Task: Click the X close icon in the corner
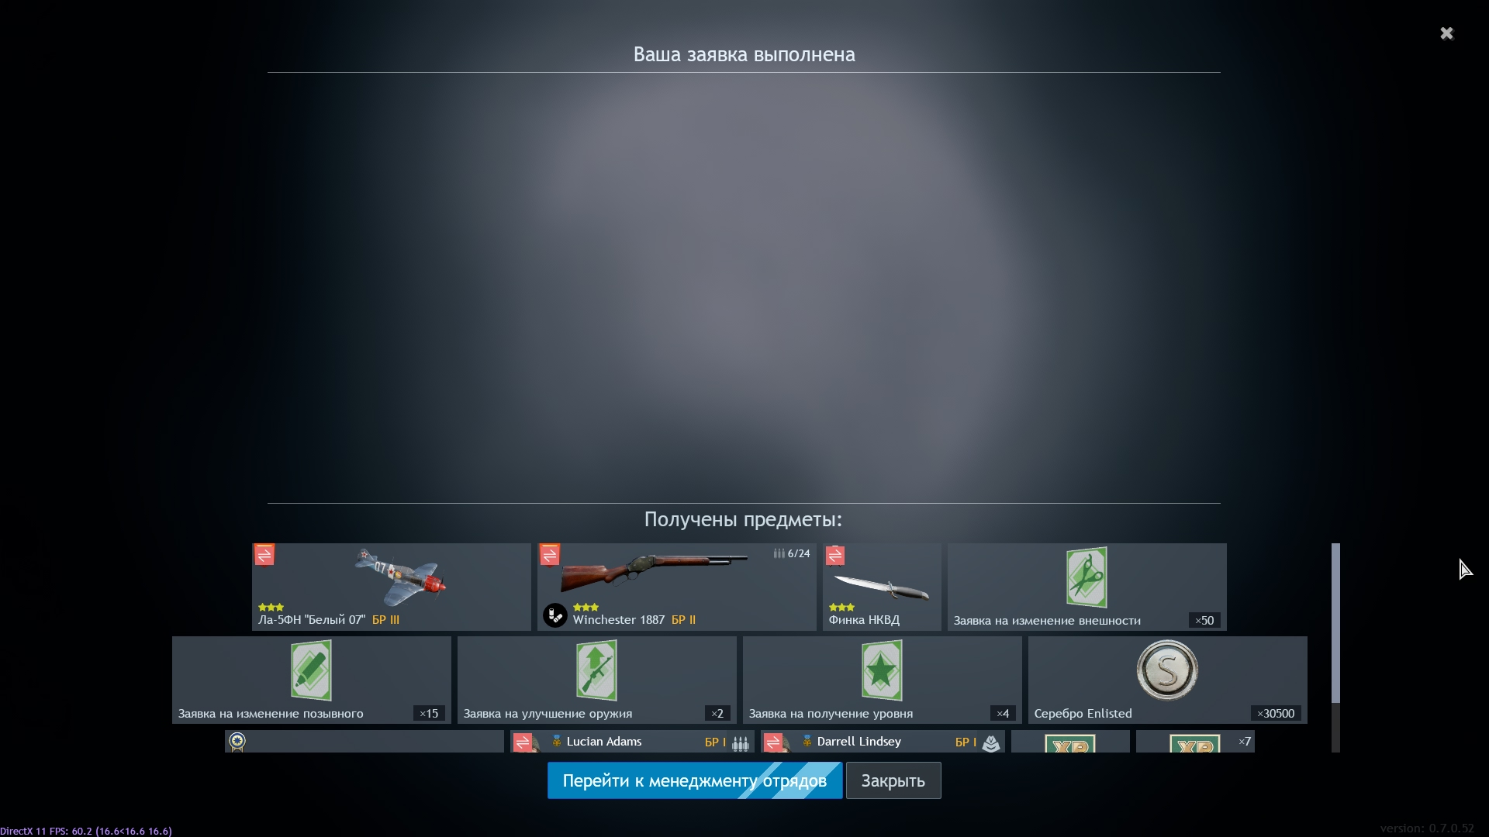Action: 1446,33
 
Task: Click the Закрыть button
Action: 893,780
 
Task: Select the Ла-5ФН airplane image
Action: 400,577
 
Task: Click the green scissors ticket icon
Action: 1087,577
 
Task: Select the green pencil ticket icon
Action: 311,670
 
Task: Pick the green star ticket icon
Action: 882,670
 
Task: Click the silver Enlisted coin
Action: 1167,670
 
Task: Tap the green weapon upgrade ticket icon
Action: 596,670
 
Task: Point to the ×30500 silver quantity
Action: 1276,714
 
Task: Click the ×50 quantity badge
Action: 1204,621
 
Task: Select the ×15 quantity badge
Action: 429,714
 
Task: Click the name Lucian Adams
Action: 604,742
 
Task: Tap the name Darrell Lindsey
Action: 859,742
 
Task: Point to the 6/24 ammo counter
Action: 792,553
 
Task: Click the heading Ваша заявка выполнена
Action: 744,54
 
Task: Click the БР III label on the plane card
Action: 385,620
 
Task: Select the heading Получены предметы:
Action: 743,519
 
